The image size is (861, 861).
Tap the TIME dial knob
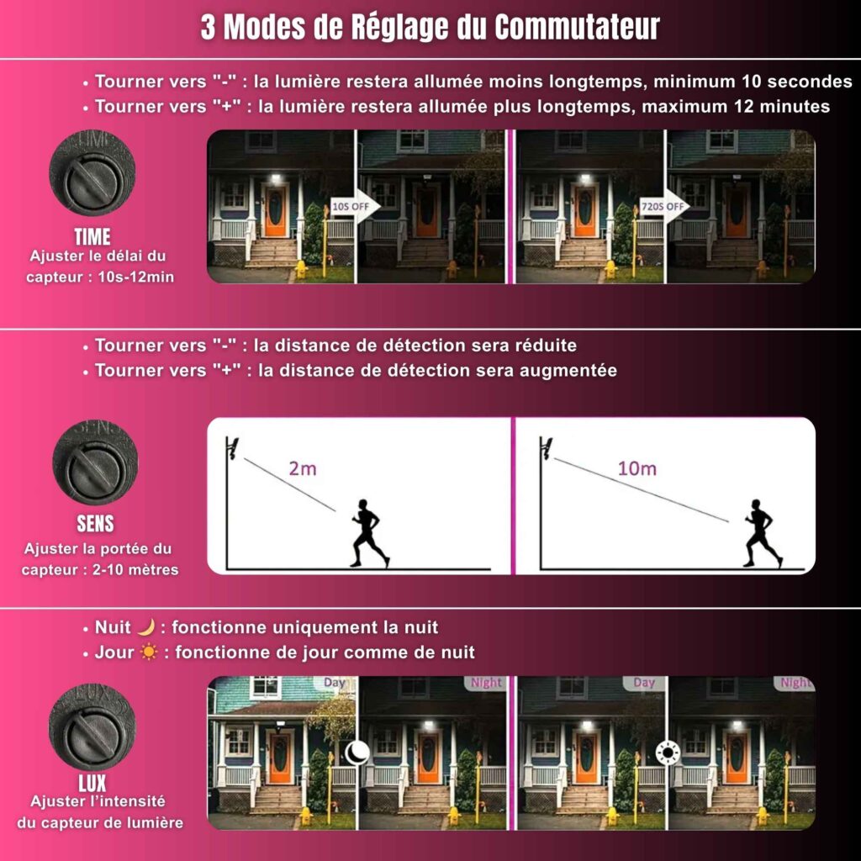tap(92, 172)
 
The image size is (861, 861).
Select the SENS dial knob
tap(95, 462)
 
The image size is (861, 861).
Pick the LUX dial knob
tap(92, 727)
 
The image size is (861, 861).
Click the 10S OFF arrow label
tap(350, 207)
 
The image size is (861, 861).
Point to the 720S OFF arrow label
tap(663, 207)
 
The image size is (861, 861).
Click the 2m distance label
tap(303, 468)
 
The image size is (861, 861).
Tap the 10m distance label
tap(637, 468)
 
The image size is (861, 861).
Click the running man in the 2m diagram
tap(370, 533)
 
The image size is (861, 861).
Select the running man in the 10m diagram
tap(763, 533)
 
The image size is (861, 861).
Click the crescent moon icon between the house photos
tap(357, 752)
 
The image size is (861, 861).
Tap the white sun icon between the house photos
tap(668, 752)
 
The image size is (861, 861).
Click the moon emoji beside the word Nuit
tap(146, 627)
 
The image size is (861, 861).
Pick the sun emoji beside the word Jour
tap(149, 652)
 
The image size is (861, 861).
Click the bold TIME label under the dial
tap(92, 236)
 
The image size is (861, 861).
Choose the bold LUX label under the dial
tap(92, 783)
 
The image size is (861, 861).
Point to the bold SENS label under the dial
tap(95, 524)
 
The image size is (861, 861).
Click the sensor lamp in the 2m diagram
tap(234, 448)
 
